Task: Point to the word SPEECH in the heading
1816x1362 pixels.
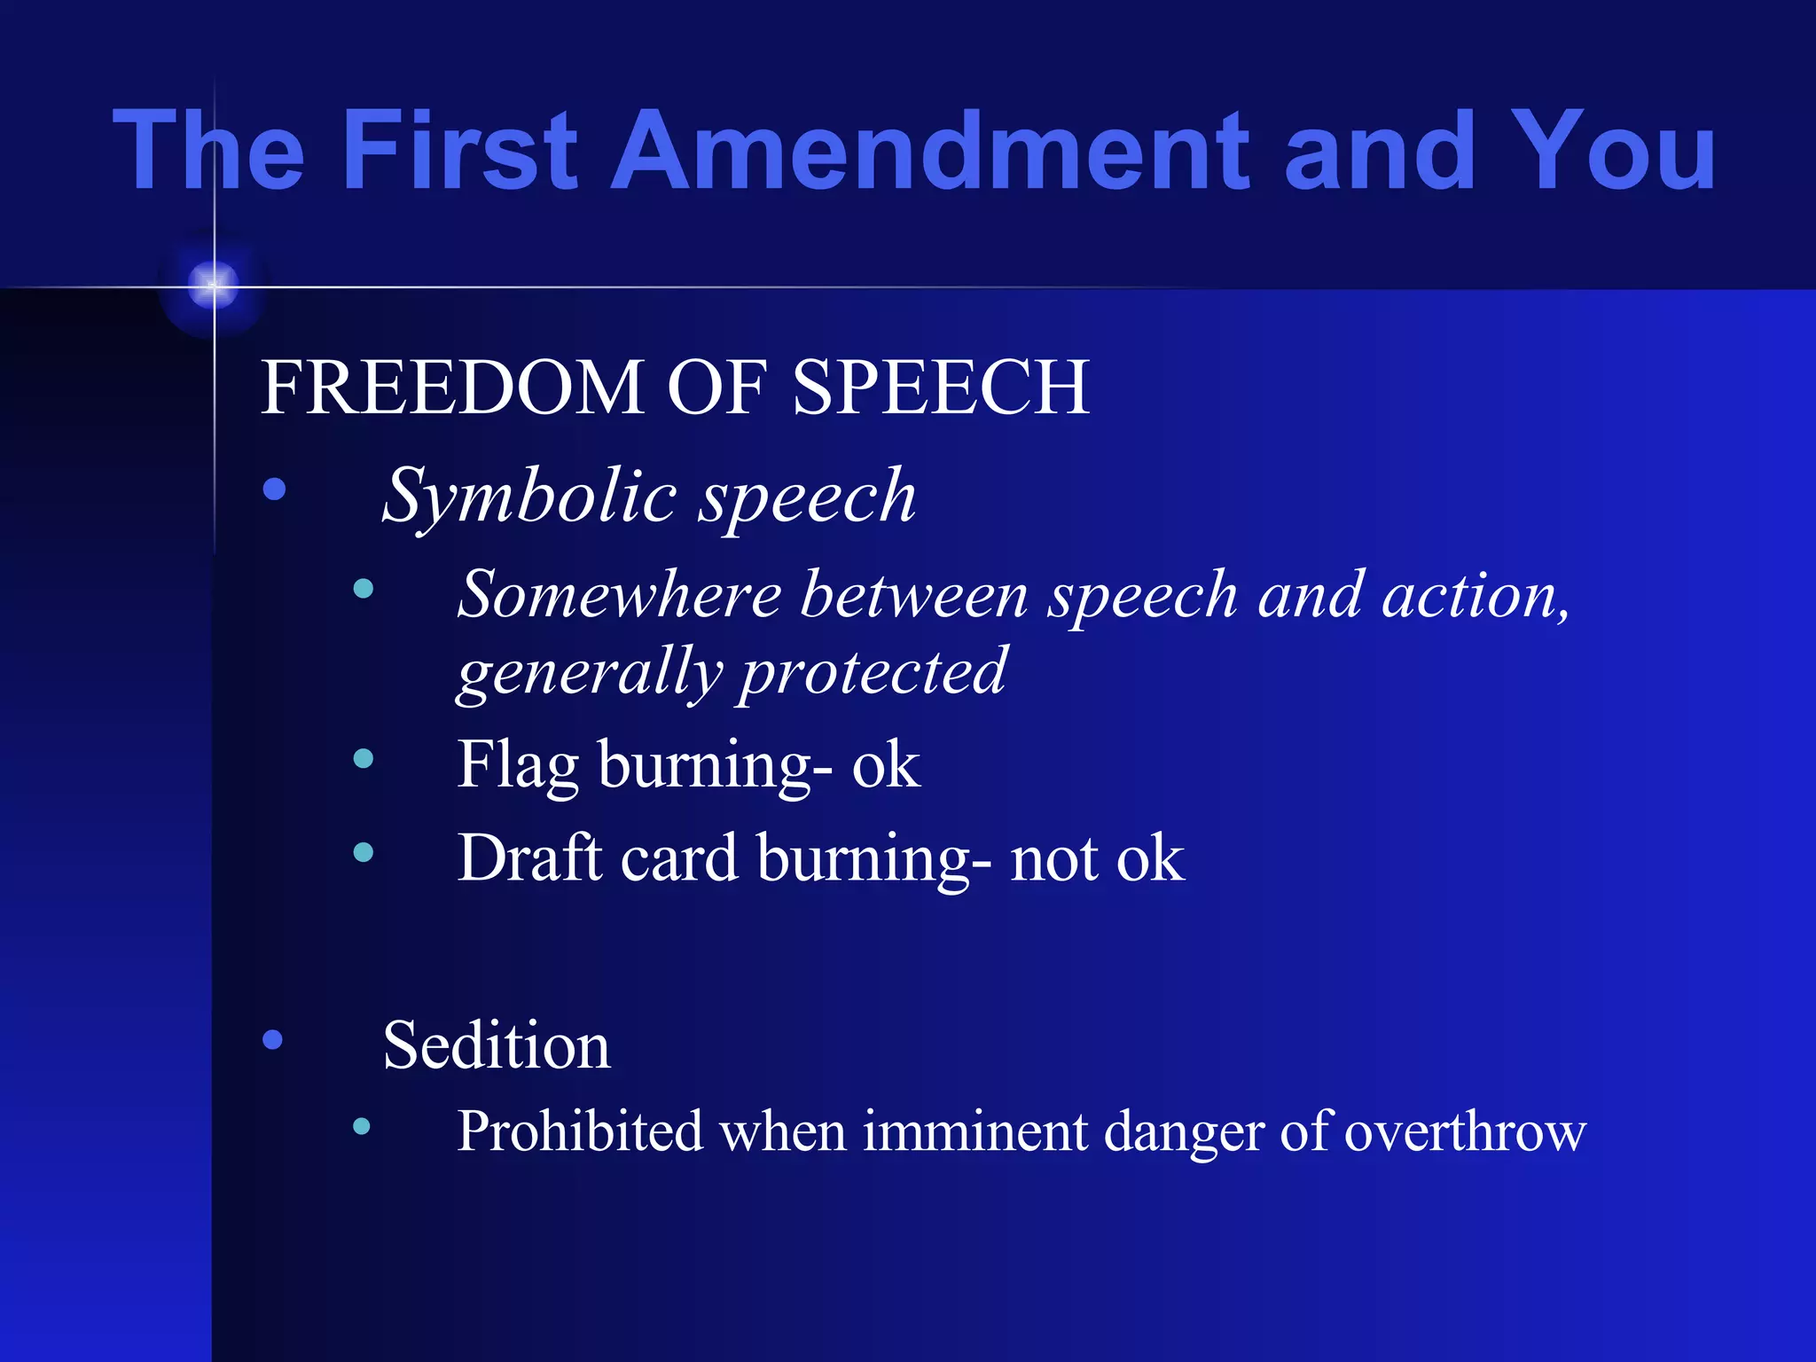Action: tap(940, 387)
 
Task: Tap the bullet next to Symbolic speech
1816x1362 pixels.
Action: tap(275, 489)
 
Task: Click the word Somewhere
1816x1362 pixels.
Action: tap(619, 595)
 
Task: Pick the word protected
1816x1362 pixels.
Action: tap(873, 672)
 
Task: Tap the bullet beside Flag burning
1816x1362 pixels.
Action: tap(363, 758)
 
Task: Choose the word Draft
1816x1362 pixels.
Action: tap(529, 857)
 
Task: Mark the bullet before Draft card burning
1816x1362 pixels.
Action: tap(363, 852)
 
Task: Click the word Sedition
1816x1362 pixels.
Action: tap(497, 1045)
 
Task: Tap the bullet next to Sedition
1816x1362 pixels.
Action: tap(273, 1038)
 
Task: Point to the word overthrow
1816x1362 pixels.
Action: tap(1464, 1131)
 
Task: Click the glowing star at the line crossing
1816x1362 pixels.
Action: tap(214, 286)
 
